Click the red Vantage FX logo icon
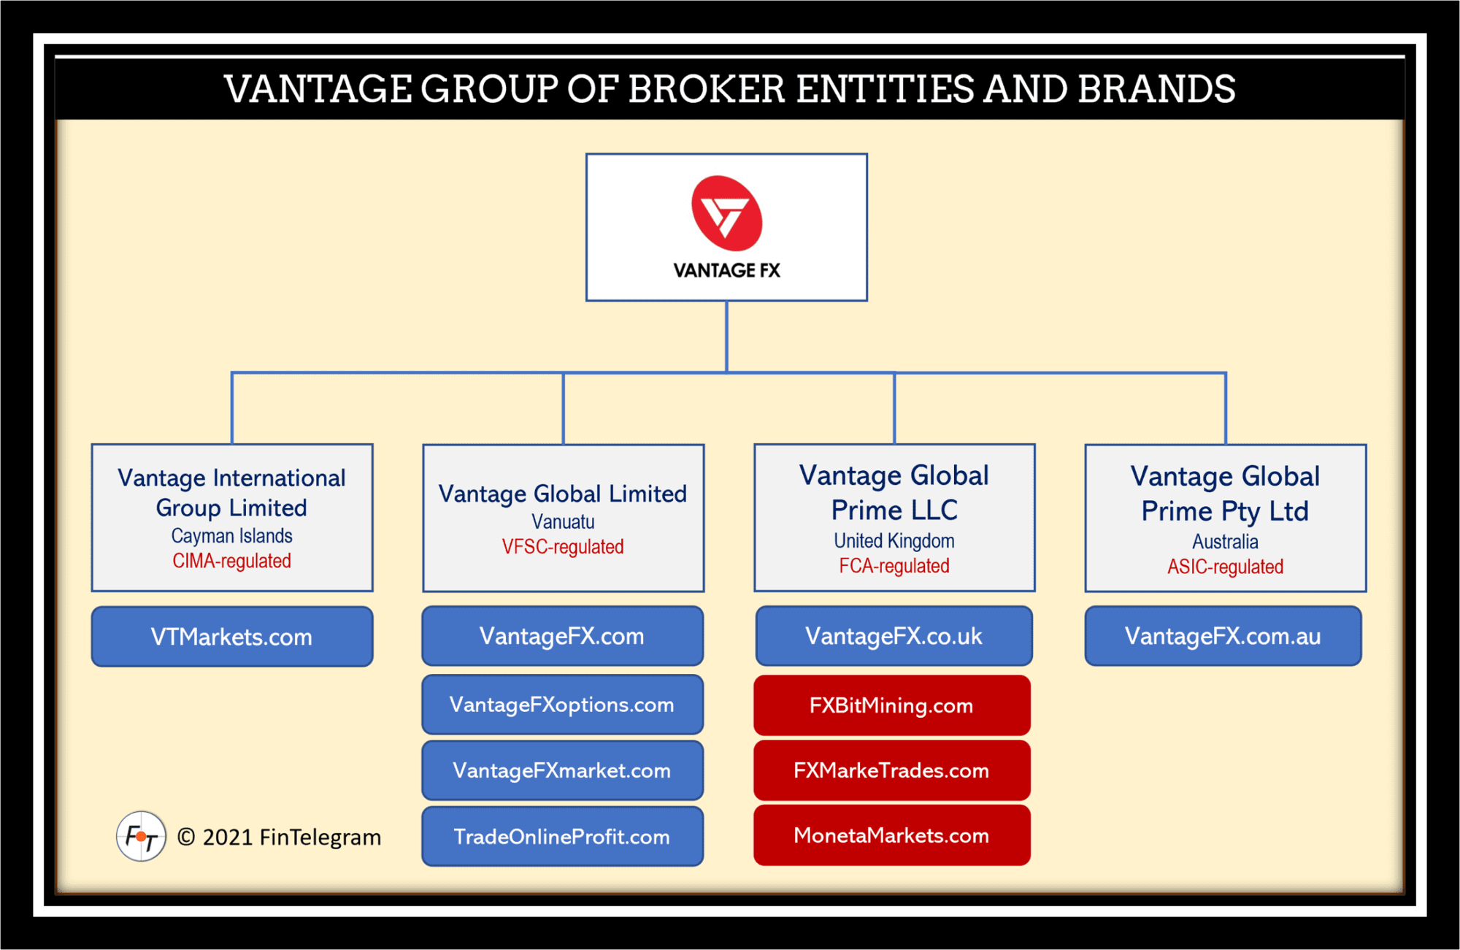pyautogui.click(x=726, y=212)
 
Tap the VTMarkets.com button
pyautogui.click(x=231, y=637)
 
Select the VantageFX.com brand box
pyautogui.click(x=562, y=636)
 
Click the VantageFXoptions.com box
pyautogui.click(x=562, y=705)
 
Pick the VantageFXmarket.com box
pyautogui.click(x=562, y=770)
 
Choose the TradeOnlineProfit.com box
pyautogui.click(x=562, y=837)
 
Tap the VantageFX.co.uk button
pyautogui.click(x=894, y=636)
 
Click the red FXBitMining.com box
pyautogui.click(x=891, y=705)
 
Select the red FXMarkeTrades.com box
pyautogui.click(x=891, y=770)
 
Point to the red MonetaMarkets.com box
pyautogui.click(x=891, y=835)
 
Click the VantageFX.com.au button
pyautogui.click(x=1223, y=636)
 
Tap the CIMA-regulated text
pyautogui.click(x=231, y=561)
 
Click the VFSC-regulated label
pyautogui.click(x=562, y=547)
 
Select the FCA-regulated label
pyautogui.click(x=894, y=566)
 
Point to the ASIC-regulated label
pyautogui.click(x=1225, y=567)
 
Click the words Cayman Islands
pyautogui.click(x=231, y=536)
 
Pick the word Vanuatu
pyautogui.click(x=562, y=522)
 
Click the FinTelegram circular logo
pyautogui.click(x=141, y=836)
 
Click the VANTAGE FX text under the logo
pyautogui.click(x=726, y=271)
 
